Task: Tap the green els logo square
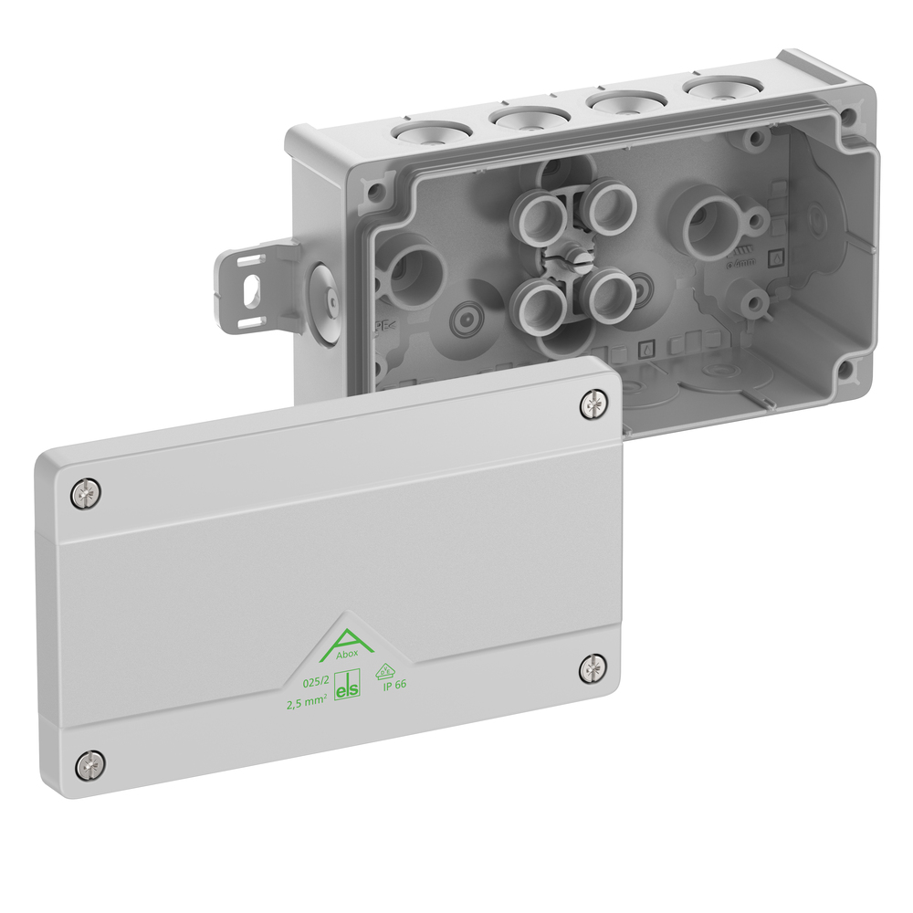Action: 348,687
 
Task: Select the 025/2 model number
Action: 314,680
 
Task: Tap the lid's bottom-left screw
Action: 89,763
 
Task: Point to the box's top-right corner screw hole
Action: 849,117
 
